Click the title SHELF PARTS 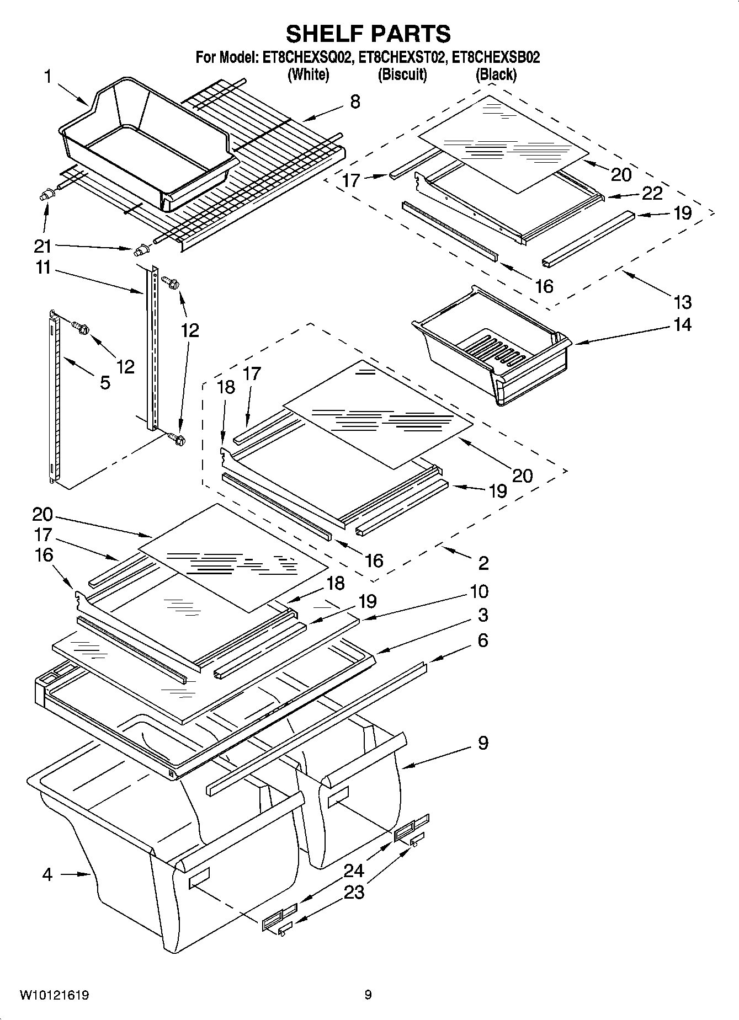368,34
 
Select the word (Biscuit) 402,74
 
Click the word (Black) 496,74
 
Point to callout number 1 48,77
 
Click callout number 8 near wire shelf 355,102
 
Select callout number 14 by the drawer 683,324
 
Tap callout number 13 683,302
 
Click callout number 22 652,193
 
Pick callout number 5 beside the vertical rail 105,382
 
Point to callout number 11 43,268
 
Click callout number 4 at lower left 47,874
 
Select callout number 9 483,743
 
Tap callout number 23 354,892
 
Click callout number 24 354,871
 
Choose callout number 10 479,591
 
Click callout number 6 483,640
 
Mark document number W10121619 55,995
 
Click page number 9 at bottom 368,995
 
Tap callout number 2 483,563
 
